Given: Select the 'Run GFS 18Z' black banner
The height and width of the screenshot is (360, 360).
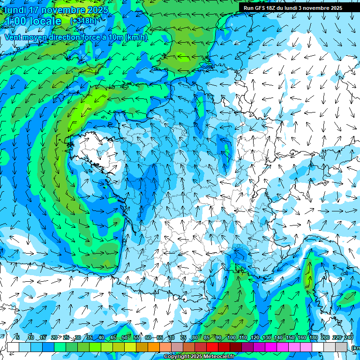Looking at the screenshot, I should (293, 8).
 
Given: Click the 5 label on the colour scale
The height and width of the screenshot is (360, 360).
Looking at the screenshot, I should (17, 337).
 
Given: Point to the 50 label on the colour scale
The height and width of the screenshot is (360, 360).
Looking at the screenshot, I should (125, 337).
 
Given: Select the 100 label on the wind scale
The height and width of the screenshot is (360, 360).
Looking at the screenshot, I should (231, 337).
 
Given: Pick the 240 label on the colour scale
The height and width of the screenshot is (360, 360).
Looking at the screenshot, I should (348, 337).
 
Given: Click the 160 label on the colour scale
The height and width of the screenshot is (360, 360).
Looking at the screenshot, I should (301, 337).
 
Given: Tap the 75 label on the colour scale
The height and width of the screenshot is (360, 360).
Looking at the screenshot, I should (183, 337).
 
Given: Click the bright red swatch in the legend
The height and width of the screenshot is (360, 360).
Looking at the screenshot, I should (212, 347).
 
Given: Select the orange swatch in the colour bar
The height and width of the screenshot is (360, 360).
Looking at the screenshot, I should (154, 347).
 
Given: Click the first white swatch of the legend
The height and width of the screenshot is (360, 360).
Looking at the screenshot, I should (13, 347).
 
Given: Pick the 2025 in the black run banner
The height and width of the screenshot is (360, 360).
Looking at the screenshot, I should (335, 8).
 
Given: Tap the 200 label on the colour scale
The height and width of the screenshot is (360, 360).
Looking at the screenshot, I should (325, 337).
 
